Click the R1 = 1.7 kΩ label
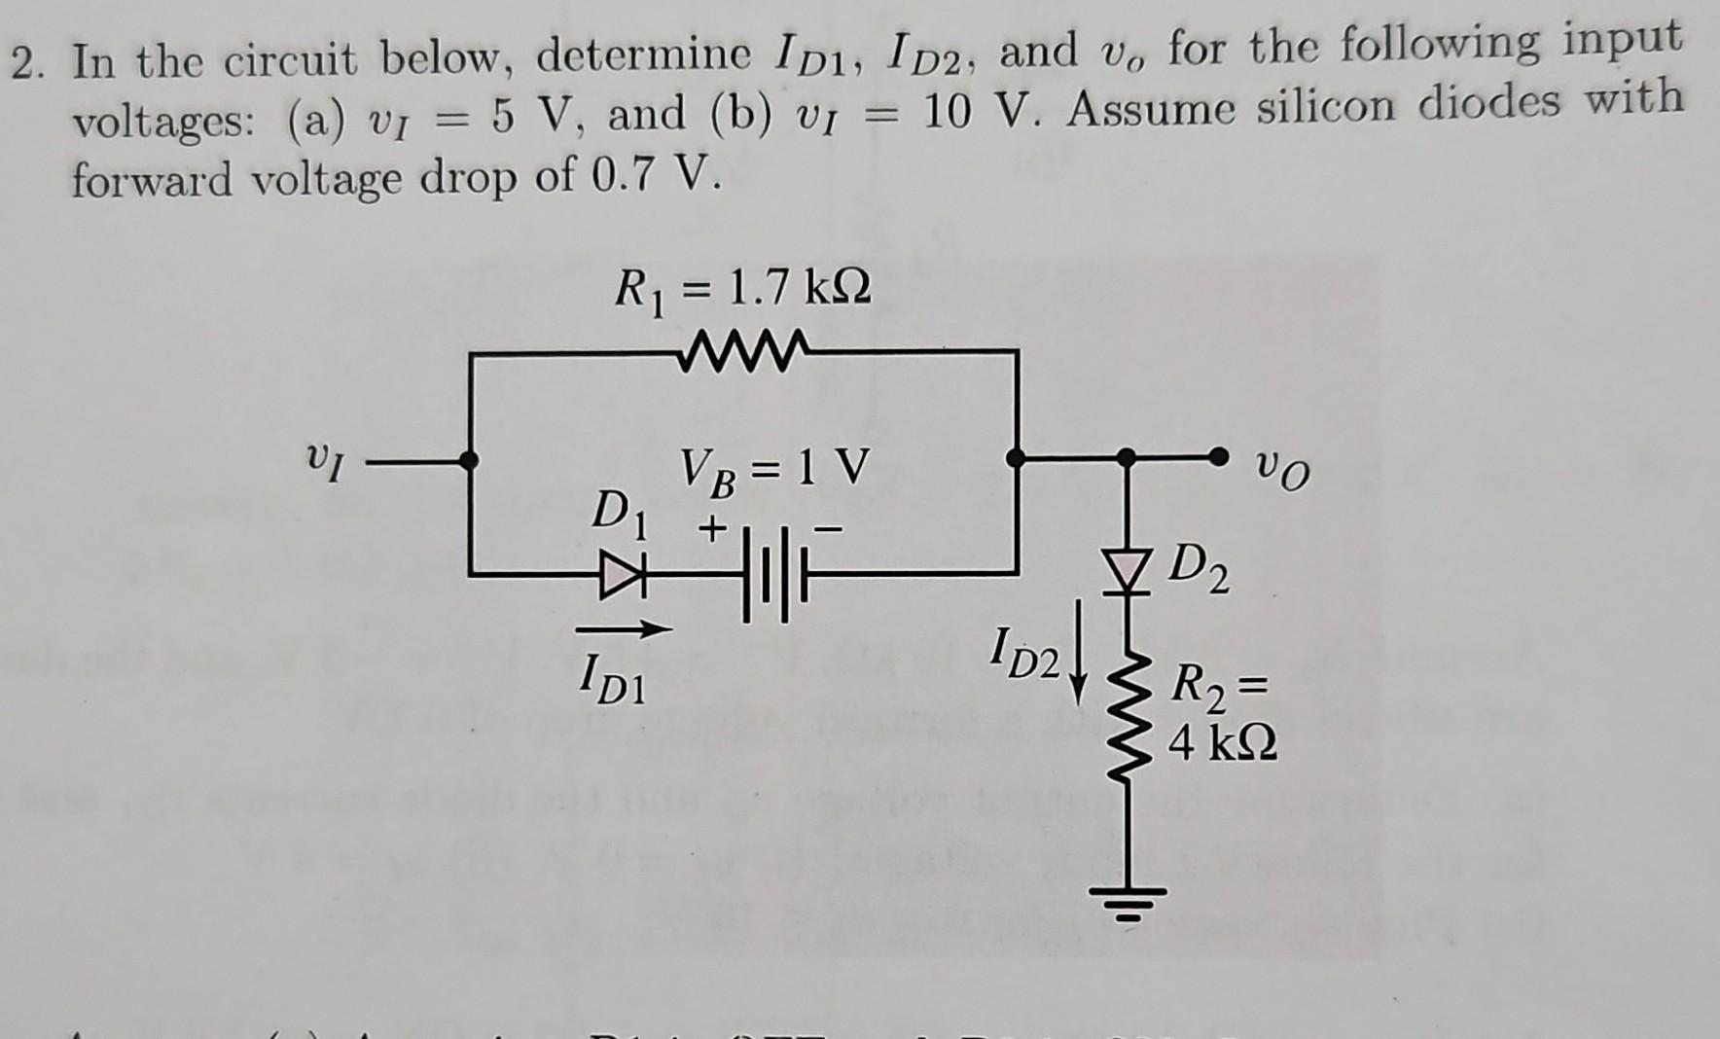pos(743,289)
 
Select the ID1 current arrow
pos(627,630)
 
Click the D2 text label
pos(1200,569)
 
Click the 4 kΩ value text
pos(1223,745)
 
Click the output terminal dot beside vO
pos(1217,456)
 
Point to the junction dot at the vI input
pos(470,460)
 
